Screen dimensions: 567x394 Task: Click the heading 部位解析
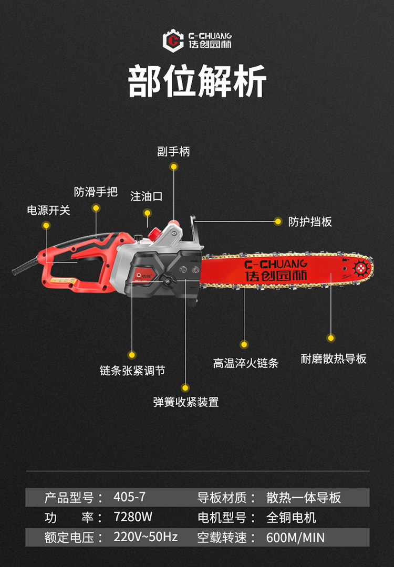(197, 81)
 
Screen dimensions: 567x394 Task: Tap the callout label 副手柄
(173, 152)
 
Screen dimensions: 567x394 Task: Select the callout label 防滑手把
(96, 192)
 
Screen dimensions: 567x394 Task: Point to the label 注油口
(147, 196)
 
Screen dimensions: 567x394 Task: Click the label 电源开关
(48, 211)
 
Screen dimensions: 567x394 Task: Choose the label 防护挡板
(310, 222)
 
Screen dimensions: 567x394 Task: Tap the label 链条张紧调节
(132, 371)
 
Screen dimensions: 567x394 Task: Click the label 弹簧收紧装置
(185, 402)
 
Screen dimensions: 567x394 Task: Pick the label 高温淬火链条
(245, 363)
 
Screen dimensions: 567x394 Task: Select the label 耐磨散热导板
(334, 359)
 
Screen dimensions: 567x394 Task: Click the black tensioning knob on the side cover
(168, 281)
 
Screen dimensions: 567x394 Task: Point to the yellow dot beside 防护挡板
(278, 222)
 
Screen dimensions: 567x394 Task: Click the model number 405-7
(129, 497)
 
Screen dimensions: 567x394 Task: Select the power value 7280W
(133, 517)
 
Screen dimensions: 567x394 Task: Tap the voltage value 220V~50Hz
(146, 537)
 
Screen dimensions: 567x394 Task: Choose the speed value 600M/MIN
(295, 538)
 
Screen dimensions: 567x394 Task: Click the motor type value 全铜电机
(291, 517)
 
